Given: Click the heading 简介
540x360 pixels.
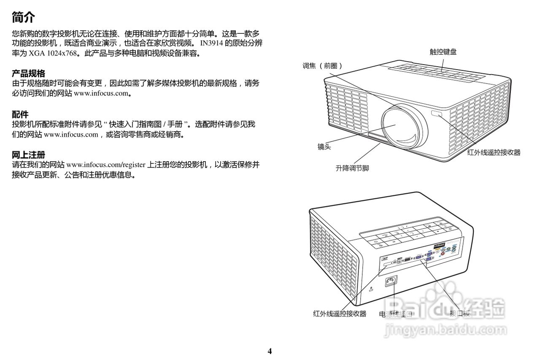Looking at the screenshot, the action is coord(24,18).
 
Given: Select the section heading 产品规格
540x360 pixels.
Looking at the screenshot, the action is coord(28,74).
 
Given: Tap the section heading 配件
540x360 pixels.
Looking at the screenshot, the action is coord(20,114).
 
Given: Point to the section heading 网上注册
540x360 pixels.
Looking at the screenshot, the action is coord(28,155).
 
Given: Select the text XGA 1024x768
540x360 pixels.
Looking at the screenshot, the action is coord(52,54).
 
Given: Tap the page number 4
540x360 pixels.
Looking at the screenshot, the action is coord(270,351).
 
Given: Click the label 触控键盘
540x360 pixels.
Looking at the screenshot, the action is coord(443,52).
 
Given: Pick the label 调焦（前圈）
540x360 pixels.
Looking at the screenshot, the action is coord(322,66).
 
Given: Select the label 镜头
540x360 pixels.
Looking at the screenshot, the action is coord(324,147).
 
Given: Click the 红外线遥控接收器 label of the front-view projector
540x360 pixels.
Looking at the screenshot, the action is coord(494,152).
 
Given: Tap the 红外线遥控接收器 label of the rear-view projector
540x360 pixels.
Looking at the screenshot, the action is coord(340,314).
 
